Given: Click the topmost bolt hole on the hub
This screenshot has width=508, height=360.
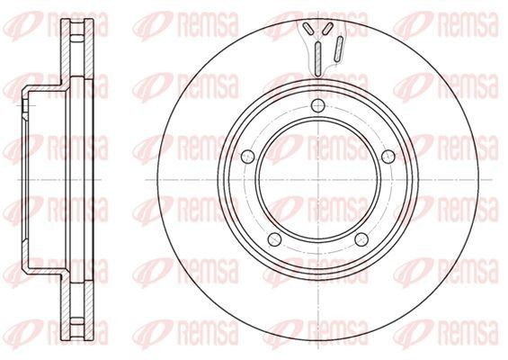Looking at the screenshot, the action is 318,105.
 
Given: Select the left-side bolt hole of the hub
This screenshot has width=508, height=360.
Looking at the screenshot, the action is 248,157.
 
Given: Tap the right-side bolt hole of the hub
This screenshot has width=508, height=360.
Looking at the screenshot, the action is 388,157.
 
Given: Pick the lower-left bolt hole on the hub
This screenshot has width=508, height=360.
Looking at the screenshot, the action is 275,239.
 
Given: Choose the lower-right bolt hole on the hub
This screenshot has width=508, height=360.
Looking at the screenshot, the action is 361,239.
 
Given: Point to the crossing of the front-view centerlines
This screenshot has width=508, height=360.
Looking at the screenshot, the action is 318,179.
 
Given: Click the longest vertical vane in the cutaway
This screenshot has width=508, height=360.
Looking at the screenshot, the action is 318,59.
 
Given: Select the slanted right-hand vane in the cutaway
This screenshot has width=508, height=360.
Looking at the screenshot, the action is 339,49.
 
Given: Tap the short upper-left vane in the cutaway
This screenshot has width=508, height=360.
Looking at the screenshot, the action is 307,28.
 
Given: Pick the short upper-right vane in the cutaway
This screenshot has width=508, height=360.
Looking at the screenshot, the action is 328,28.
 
